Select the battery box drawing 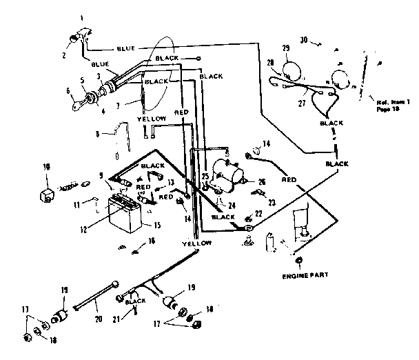(x=125, y=213)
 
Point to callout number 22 (x=258, y=213)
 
